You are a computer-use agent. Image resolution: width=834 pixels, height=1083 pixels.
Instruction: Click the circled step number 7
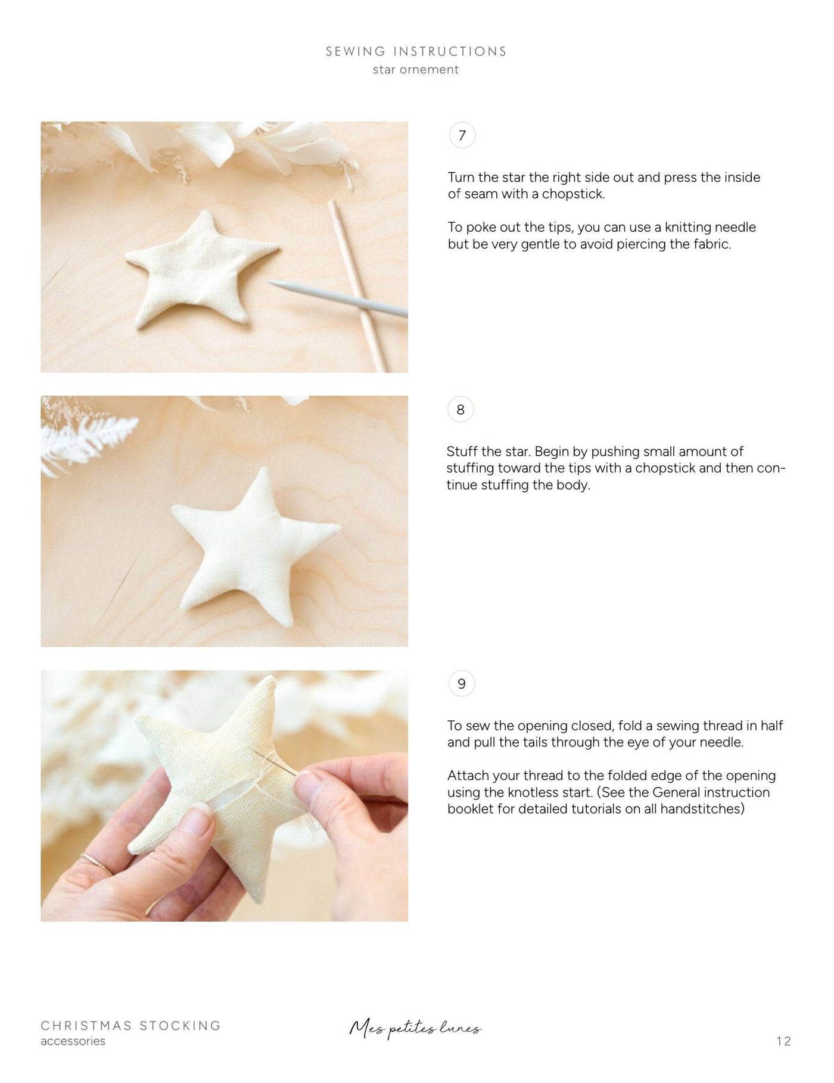pos(462,136)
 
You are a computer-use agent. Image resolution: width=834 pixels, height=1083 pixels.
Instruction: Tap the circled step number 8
pos(460,410)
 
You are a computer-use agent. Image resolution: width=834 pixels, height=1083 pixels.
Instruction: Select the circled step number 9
pos(462,684)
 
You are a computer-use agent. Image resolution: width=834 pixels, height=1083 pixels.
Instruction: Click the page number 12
pos(783,1041)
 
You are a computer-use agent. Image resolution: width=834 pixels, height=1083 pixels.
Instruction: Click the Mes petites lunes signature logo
pos(415,1029)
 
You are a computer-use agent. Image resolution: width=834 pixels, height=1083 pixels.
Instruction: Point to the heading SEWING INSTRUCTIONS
pos(416,51)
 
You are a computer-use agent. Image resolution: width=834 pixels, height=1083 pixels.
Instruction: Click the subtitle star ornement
pos(416,70)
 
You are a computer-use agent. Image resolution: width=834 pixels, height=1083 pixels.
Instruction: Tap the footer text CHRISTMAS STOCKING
pos(131,1025)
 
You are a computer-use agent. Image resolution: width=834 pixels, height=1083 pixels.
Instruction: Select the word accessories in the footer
pos(73,1041)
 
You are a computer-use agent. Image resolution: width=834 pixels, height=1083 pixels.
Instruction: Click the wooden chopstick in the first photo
pos(357,280)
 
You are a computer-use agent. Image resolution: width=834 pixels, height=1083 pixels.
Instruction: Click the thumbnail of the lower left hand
pos(197,825)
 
